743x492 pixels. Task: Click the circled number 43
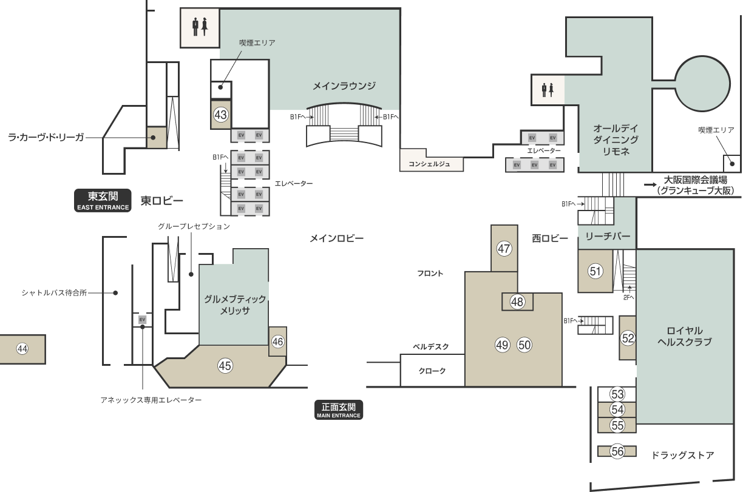click(220, 115)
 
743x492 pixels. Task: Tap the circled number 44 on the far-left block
click(22, 349)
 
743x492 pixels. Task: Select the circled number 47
click(504, 249)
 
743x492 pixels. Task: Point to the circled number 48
click(517, 302)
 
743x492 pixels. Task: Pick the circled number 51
click(595, 271)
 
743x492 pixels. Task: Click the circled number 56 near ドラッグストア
click(617, 451)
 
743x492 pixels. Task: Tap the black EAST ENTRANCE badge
click(103, 201)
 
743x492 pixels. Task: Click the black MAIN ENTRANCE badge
click(339, 410)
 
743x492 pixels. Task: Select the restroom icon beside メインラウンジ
click(200, 27)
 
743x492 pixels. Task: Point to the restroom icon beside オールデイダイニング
click(548, 90)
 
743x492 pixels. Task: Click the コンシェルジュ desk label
click(429, 164)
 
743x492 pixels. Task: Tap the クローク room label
click(432, 371)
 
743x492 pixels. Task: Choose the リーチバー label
click(608, 237)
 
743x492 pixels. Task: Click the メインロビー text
click(336, 238)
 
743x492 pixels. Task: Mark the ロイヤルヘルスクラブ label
click(685, 336)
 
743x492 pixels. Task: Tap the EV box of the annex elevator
click(142, 320)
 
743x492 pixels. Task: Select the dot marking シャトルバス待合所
click(115, 293)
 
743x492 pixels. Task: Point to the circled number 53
click(617, 394)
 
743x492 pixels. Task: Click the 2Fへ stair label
click(628, 298)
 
